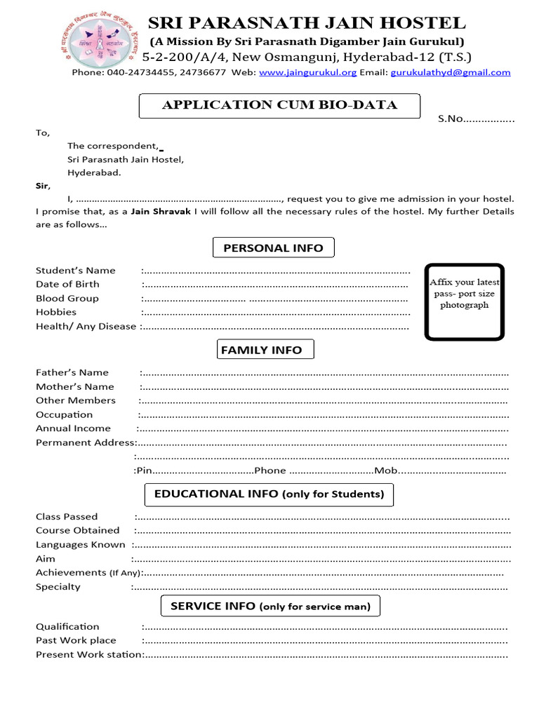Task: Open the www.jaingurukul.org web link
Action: (x=308, y=72)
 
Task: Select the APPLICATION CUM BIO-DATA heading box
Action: (x=280, y=106)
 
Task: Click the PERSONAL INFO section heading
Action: (x=273, y=248)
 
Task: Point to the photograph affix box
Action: (x=464, y=299)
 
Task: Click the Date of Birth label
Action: (x=67, y=284)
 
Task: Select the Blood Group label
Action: (x=67, y=298)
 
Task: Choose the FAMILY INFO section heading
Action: (x=261, y=350)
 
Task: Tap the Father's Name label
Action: (x=72, y=372)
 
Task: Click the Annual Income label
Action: (x=73, y=428)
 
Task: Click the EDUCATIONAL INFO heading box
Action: (x=269, y=494)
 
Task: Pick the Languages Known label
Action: (x=80, y=545)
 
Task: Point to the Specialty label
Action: (x=58, y=587)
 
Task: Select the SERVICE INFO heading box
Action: (x=270, y=607)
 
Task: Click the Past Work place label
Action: (x=76, y=640)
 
